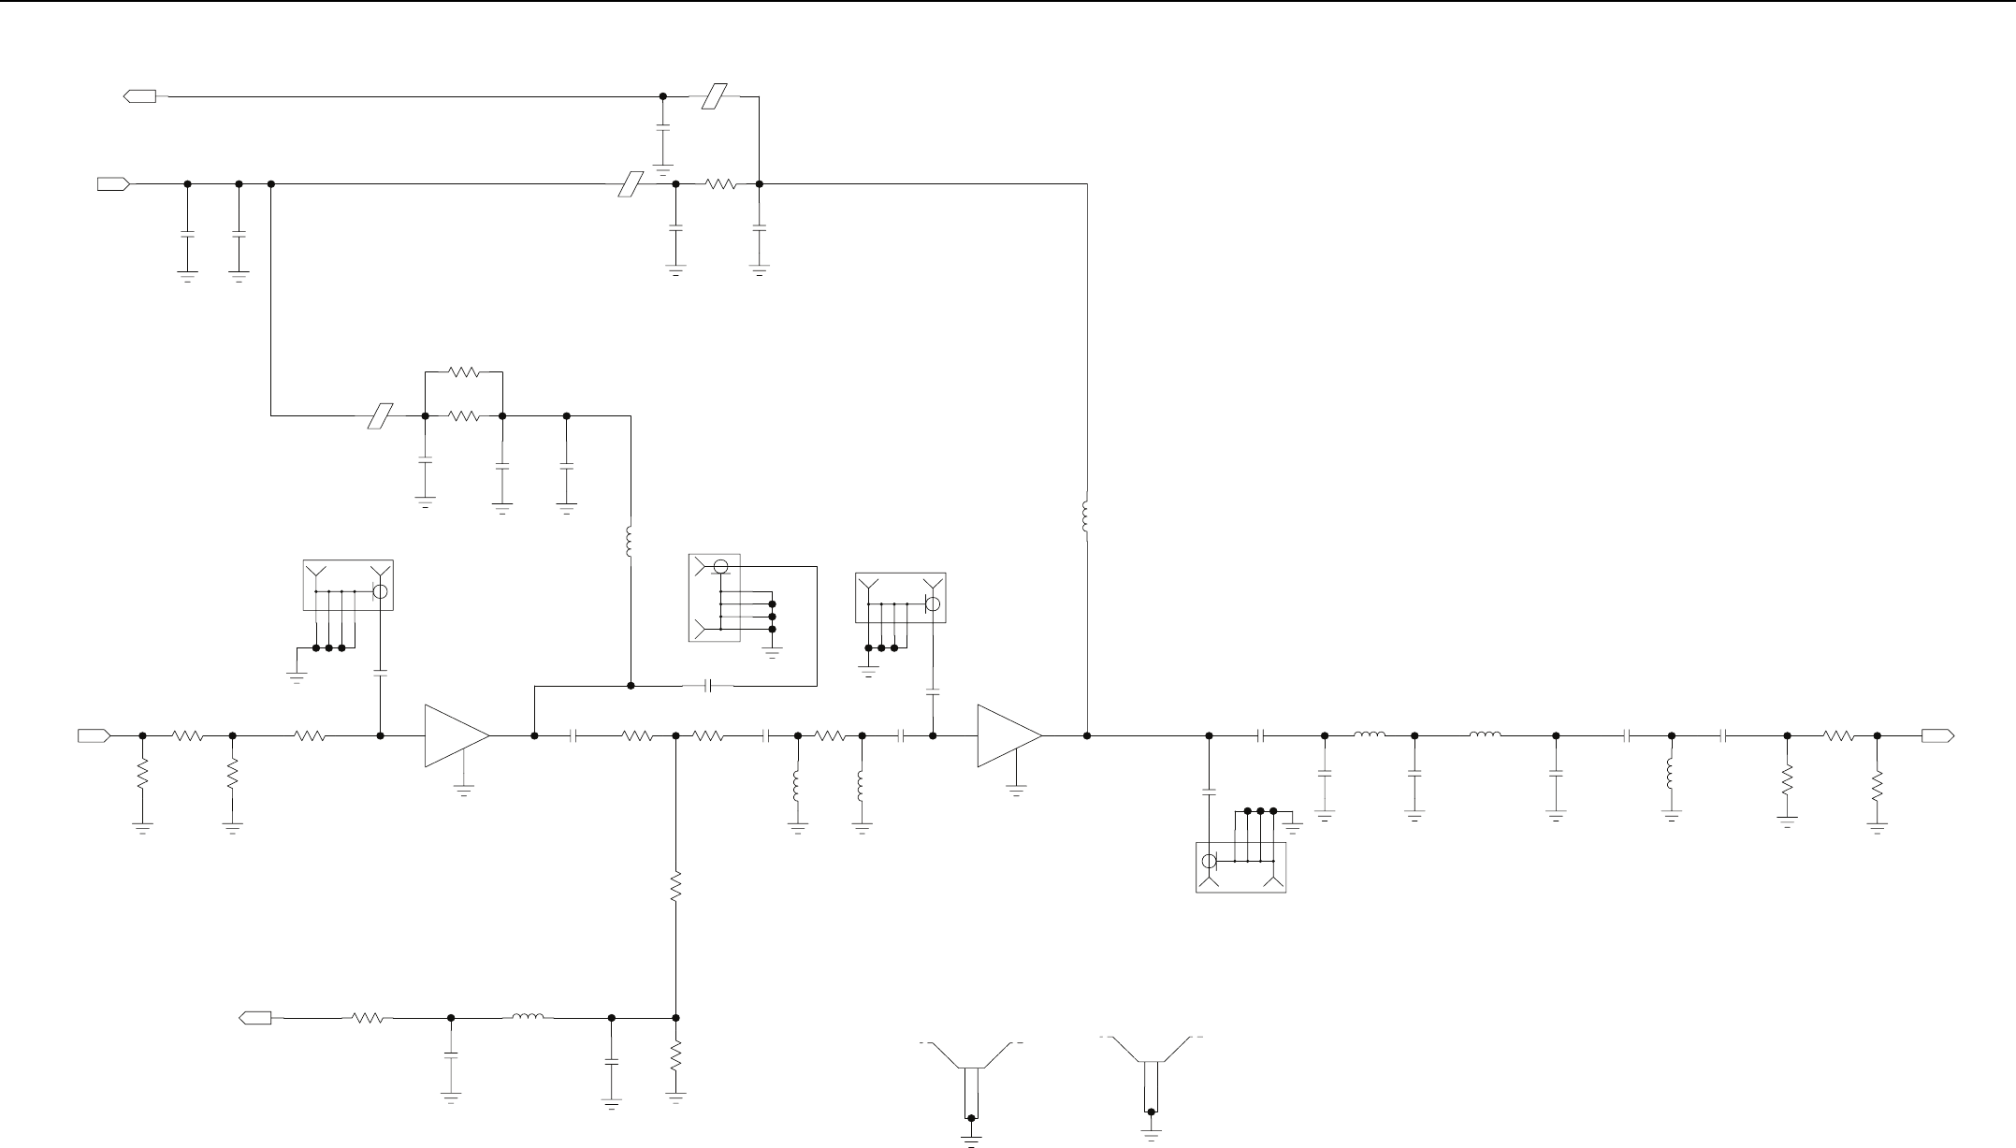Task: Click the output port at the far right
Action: [1937, 735]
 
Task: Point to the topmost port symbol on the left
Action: [140, 95]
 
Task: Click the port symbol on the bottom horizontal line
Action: [255, 1017]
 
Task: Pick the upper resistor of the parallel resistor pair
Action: [464, 372]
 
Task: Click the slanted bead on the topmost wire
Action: [715, 95]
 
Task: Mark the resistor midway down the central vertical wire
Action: [675, 886]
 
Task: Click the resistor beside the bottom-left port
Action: [369, 1017]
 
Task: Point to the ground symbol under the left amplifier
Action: [463, 791]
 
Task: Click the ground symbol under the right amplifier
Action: [1016, 791]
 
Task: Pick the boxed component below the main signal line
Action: [1240, 867]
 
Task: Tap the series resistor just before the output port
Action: [1838, 735]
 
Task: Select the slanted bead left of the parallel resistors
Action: [380, 415]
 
